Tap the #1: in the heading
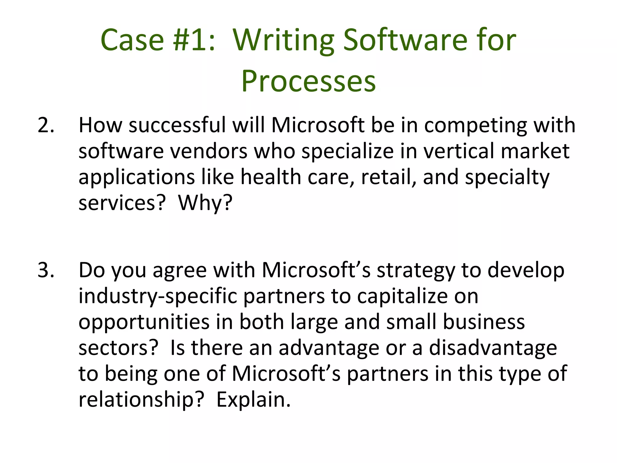pyautogui.click(x=194, y=40)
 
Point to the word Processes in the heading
pyautogui.click(x=308, y=81)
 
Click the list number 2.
pyautogui.click(x=46, y=125)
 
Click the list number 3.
pyautogui.click(x=46, y=270)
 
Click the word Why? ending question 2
pyautogui.click(x=205, y=203)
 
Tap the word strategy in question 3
pyautogui.click(x=416, y=270)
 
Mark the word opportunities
pyautogui.click(x=144, y=322)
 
